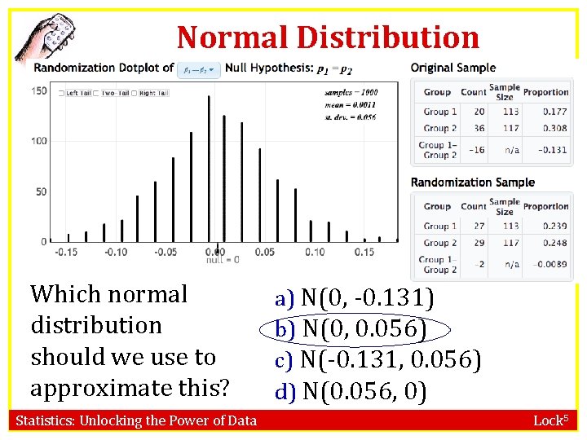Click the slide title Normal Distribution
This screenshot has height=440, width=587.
point(328,37)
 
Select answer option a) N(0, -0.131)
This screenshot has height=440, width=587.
point(355,298)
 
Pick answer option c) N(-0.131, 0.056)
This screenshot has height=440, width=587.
point(378,359)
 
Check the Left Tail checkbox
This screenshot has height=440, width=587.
point(62,93)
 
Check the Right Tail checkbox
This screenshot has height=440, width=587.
point(135,93)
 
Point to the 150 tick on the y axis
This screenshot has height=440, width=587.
point(38,90)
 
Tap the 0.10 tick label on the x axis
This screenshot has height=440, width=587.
point(314,252)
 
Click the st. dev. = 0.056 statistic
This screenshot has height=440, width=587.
point(351,117)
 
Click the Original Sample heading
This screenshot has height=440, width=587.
point(452,68)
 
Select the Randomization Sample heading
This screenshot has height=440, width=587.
point(473,182)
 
